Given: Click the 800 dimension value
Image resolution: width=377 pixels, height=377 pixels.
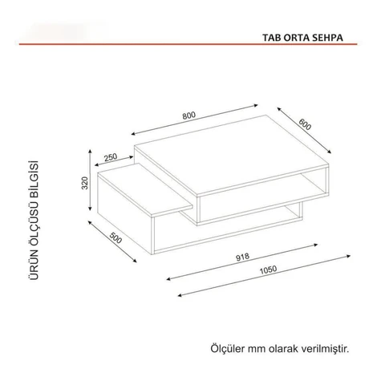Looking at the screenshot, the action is pos(189,116).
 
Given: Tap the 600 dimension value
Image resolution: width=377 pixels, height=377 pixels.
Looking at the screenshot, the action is pos(305,124).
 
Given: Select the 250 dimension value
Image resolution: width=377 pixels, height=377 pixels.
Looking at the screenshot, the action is pos(111,157).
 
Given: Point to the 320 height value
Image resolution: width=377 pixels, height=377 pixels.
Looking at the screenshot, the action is pos(85,183).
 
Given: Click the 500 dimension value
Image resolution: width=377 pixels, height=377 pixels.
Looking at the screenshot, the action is pos(116,237).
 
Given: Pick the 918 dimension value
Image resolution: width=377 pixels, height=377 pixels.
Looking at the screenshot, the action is pos(242,257).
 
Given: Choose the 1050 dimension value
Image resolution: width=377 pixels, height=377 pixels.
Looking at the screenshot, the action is pos(268,270).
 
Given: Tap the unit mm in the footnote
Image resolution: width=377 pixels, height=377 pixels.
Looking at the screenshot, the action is pos(253,350).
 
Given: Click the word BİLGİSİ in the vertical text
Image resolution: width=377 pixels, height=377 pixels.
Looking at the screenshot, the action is pos(34,177).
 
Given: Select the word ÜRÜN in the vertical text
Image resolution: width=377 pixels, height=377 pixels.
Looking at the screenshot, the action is pos(34,266).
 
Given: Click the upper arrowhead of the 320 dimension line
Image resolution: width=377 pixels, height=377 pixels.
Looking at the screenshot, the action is pos(91,152).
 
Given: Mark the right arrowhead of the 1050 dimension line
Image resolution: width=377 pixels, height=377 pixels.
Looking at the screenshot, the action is pos(348,256).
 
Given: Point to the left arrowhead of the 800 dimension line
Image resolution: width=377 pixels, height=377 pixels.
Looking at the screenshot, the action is pos(133,134).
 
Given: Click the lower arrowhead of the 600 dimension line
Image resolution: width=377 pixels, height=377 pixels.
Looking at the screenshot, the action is pos(330,152).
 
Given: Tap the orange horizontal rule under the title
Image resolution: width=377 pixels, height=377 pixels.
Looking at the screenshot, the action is pos(188,44).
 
